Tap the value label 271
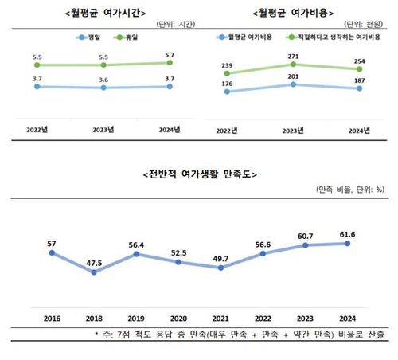pos(294,57)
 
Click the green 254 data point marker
pos(360,69)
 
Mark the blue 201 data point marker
pos(293,84)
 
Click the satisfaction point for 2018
pos(95,272)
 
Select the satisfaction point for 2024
pos(347,244)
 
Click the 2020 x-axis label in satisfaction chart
pos(179,315)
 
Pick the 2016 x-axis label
pos(53,315)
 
